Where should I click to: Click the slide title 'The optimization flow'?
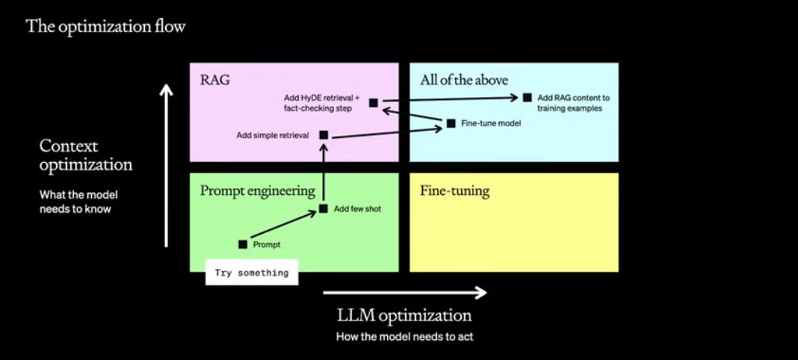click(x=105, y=28)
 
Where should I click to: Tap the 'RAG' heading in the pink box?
click(x=215, y=80)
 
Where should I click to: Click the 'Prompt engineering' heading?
click(x=257, y=191)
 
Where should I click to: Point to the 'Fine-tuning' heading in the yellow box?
click(x=454, y=191)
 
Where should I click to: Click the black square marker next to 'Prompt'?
click(x=243, y=244)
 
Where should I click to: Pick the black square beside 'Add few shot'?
click(x=324, y=208)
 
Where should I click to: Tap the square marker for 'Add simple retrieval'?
click(x=324, y=135)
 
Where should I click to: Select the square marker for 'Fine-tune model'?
click(x=451, y=122)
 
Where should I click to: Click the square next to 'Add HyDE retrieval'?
click(x=374, y=102)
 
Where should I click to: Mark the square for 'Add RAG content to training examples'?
click(x=527, y=97)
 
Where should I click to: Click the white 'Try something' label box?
click(x=252, y=273)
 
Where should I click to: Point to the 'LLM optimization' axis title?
click(x=404, y=315)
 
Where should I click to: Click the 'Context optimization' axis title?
click(x=86, y=155)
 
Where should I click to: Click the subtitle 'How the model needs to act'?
click(x=404, y=337)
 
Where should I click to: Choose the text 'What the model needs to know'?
click(x=78, y=202)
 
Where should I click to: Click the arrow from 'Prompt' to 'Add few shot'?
click(x=282, y=227)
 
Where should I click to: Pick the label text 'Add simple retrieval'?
click(x=273, y=135)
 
